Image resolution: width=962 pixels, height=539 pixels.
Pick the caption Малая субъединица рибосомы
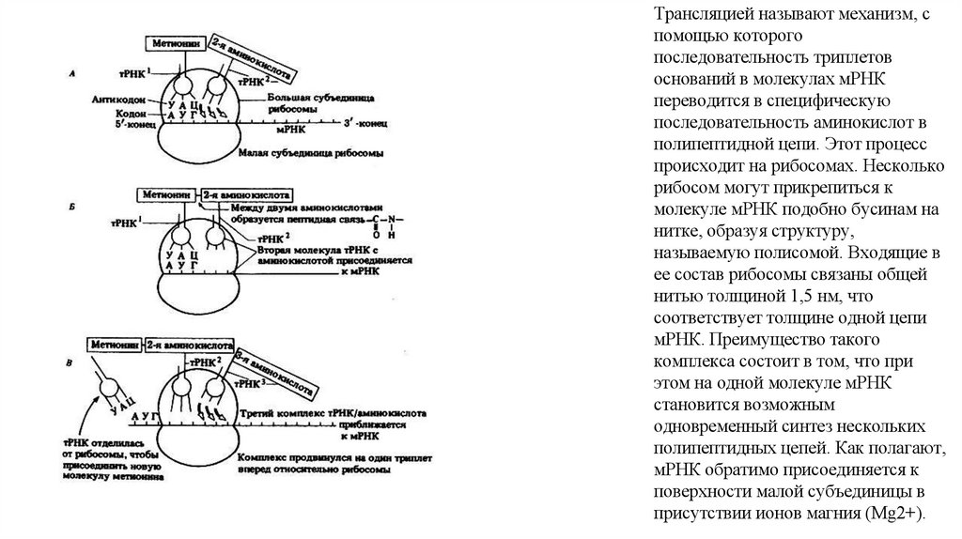click(313, 151)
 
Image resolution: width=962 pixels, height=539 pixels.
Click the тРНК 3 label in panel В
click(252, 383)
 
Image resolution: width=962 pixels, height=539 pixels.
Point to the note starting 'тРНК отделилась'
click(111, 459)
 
